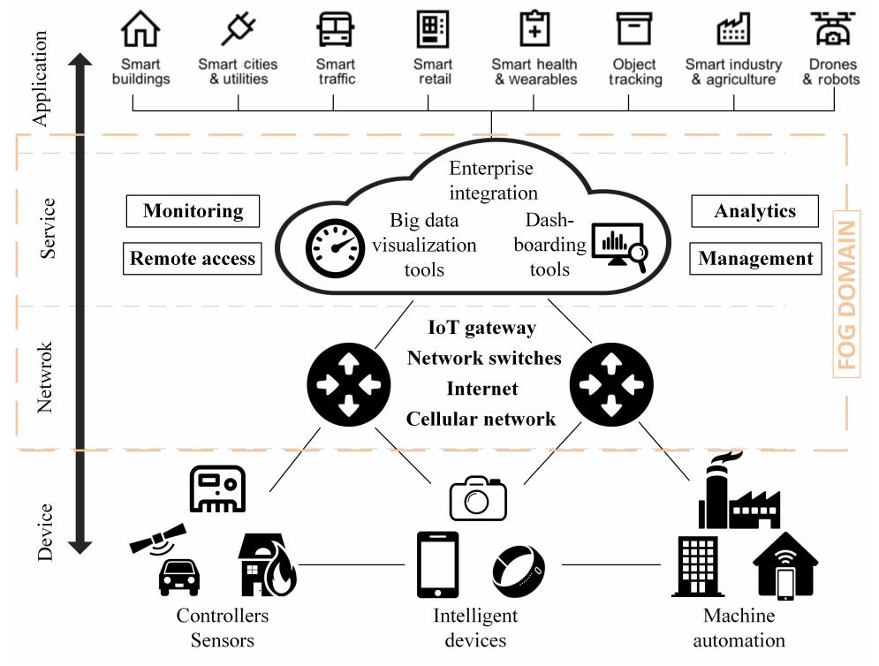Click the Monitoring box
193,211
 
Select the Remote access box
193,258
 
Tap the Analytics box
755,211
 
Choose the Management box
755,258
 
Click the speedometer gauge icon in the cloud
335,248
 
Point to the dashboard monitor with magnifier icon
620,246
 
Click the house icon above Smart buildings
140,28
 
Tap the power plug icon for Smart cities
239,28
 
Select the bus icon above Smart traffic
335,28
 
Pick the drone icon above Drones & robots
832,28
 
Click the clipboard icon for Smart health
534,28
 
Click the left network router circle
349,384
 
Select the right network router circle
611,384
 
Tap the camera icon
478,498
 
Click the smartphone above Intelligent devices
438,564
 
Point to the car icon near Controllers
178,577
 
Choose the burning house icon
268,564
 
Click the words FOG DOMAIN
846,295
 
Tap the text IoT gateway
482,328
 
